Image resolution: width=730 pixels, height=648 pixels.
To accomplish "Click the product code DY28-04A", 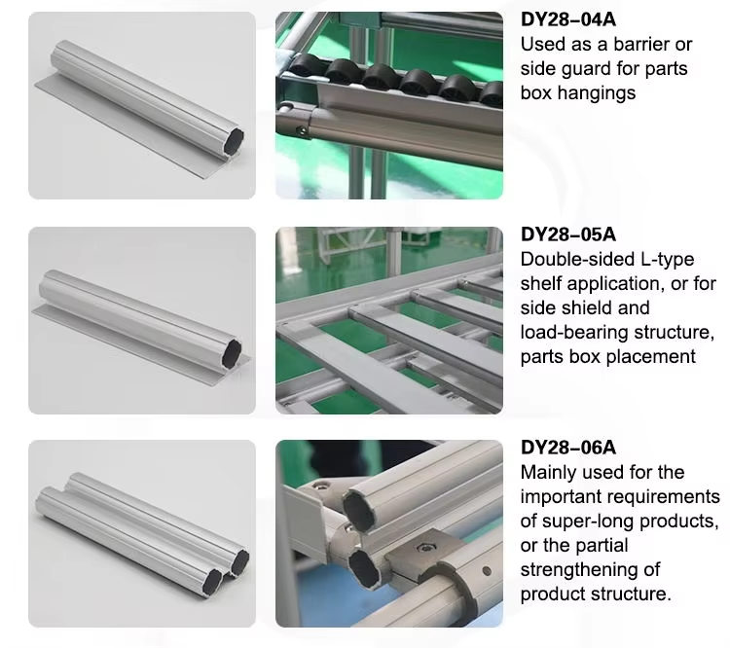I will (x=568, y=19).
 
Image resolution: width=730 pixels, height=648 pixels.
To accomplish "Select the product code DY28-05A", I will (x=568, y=234).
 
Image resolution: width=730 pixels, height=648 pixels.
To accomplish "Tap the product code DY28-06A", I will (x=568, y=449).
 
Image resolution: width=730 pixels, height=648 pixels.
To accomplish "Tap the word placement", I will (x=648, y=357).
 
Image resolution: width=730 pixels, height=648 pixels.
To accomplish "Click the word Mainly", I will (x=549, y=473).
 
